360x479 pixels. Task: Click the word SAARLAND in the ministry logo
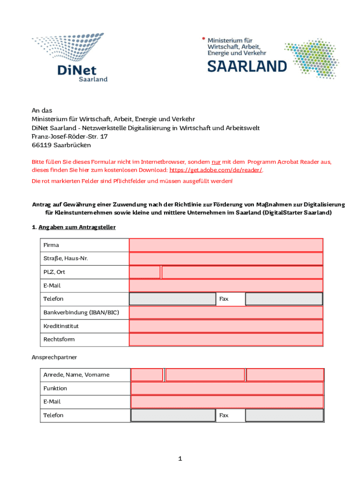(x=247, y=66)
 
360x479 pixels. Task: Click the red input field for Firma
(x=226, y=245)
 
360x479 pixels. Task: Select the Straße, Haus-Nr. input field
(x=226, y=259)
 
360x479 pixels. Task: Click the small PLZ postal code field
(x=144, y=272)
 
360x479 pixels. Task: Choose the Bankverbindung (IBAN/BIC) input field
(x=226, y=312)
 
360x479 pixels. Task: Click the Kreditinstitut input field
(x=226, y=326)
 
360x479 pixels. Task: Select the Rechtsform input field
(x=226, y=340)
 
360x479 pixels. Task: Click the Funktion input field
(x=227, y=388)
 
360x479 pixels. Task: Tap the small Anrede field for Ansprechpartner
(x=147, y=375)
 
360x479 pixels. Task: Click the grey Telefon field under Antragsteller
(x=172, y=299)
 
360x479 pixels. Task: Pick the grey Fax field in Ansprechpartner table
(x=284, y=415)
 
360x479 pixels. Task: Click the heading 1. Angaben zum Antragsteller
(x=73, y=227)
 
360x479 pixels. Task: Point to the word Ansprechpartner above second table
(x=54, y=357)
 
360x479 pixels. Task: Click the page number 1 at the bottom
(x=180, y=459)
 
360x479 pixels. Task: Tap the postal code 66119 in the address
(x=41, y=145)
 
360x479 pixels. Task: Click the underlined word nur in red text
(x=216, y=162)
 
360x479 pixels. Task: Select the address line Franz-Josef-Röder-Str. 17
(x=70, y=137)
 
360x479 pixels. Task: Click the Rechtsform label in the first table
(x=59, y=339)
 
